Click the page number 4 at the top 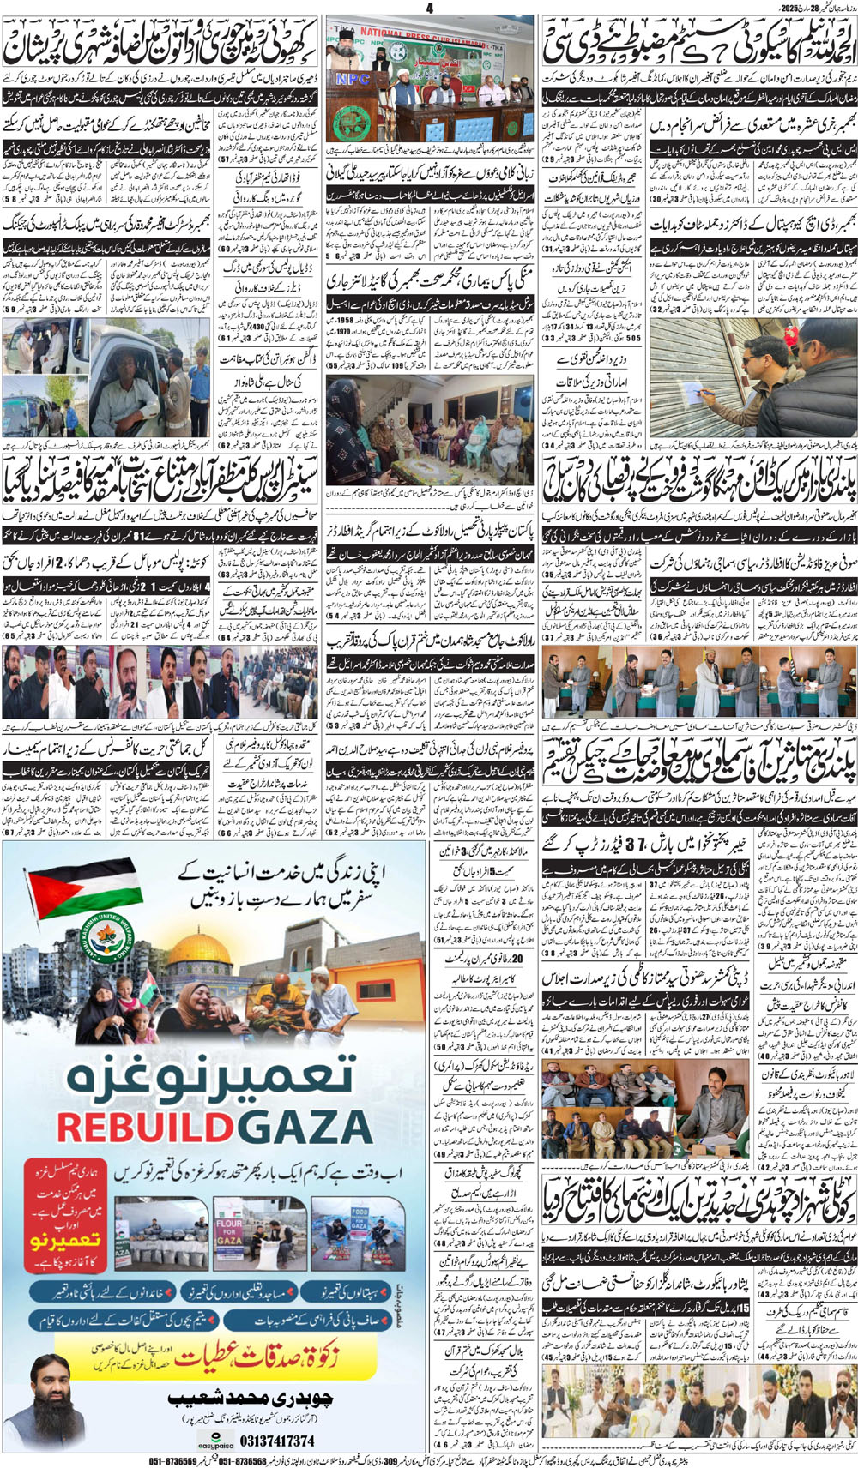click(429, 9)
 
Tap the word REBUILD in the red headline click(141, 1125)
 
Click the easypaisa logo click(215, 1442)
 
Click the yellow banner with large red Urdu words click(214, 1351)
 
